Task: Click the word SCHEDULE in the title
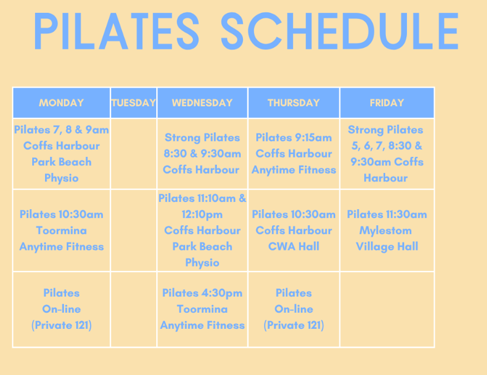click(x=340, y=31)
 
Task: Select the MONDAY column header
click(x=62, y=103)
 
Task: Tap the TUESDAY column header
click(x=133, y=103)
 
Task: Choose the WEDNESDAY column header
click(x=202, y=103)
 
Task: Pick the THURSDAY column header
click(x=294, y=103)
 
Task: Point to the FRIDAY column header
click(x=387, y=103)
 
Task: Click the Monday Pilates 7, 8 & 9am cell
click(x=62, y=154)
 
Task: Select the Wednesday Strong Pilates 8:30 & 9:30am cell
click(x=202, y=154)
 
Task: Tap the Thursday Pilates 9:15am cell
click(x=294, y=154)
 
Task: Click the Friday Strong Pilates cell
click(x=387, y=154)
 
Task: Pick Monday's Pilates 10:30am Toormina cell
click(x=62, y=230)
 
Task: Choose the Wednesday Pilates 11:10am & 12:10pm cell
click(x=202, y=230)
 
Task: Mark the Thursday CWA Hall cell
click(x=294, y=230)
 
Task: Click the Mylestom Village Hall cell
click(x=387, y=230)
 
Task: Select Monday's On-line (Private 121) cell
click(x=62, y=309)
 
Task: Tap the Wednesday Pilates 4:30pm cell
click(x=202, y=309)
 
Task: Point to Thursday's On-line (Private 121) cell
click(x=294, y=309)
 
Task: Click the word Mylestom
click(x=385, y=231)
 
